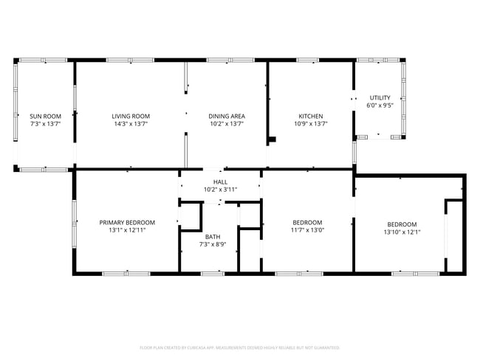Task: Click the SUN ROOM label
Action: (x=45, y=116)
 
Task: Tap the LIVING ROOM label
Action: (x=131, y=116)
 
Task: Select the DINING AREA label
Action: (x=226, y=116)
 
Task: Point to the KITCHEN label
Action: (x=310, y=116)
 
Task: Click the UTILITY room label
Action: (x=380, y=97)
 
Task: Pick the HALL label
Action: (x=220, y=181)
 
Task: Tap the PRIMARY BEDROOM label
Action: (x=128, y=222)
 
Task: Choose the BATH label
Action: (x=213, y=236)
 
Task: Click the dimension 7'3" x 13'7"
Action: (x=45, y=124)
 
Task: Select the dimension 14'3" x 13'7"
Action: (x=131, y=124)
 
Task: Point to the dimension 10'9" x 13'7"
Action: (x=310, y=124)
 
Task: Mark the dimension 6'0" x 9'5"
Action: (x=380, y=105)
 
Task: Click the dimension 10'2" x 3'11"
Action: (x=220, y=190)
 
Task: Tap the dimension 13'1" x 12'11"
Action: (x=128, y=230)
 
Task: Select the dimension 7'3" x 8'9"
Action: (x=213, y=244)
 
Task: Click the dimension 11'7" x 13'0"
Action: (x=307, y=230)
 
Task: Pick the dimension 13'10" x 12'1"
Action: (x=402, y=232)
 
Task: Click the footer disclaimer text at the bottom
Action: (x=240, y=347)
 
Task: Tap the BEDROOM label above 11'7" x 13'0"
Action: (x=307, y=222)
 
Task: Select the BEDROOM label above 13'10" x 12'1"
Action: (x=402, y=224)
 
